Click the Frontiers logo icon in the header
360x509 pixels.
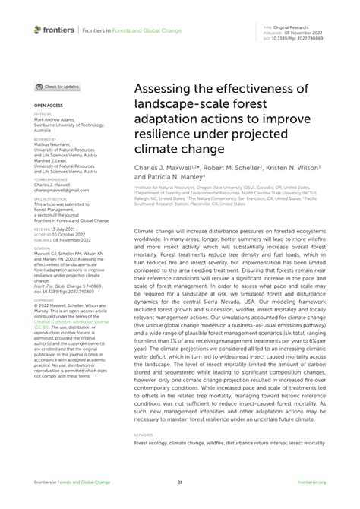tap(38, 30)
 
